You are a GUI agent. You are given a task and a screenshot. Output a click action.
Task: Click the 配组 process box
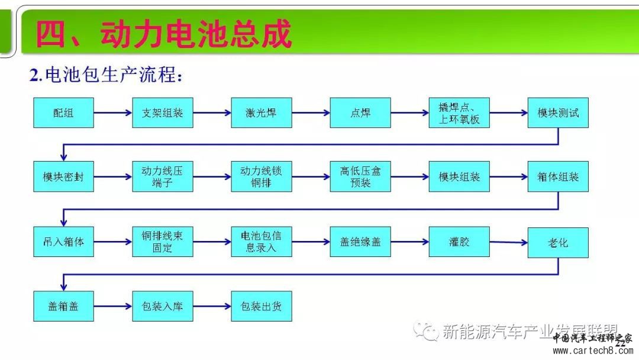pyautogui.click(x=63, y=112)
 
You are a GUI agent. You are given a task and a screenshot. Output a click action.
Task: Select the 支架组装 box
pyautogui.click(x=162, y=112)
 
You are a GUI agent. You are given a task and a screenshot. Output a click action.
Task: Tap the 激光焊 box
pyautogui.click(x=261, y=112)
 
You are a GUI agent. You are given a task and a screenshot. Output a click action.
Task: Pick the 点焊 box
pyautogui.click(x=360, y=112)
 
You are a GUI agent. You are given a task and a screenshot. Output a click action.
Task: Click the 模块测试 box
pyautogui.click(x=558, y=112)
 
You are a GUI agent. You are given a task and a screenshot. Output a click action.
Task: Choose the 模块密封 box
pyautogui.click(x=63, y=176)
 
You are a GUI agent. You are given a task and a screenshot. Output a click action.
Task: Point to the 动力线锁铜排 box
pyautogui.click(x=261, y=176)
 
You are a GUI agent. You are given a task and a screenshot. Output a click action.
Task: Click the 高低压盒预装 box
pyautogui.click(x=360, y=176)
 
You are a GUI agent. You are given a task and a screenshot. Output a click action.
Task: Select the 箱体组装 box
pyautogui.click(x=558, y=176)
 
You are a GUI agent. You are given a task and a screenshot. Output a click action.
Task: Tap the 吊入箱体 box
pyautogui.click(x=63, y=242)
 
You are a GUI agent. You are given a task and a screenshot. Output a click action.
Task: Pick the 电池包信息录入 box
pyautogui.click(x=261, y=242)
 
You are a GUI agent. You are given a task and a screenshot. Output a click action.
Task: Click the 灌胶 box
pyautogui.click(x=459, y=242)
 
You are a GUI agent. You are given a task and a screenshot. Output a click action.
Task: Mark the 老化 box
pyautogui.click(x=558, y=243)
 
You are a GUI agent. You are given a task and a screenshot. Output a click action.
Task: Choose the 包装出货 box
pyautogui.click(x=261, y=306)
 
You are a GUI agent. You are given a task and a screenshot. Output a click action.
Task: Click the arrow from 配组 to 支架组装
pyautogui.click(x=112, y=112)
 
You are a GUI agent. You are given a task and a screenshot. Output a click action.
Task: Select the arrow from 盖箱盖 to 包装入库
pyautogui.click(x=112, y=306)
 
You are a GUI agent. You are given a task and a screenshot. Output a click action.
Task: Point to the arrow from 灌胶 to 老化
pyautogui.click(x=508, y=242)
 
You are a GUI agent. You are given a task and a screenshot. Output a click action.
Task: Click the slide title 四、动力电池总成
pyautogui.click(x=163, y=34)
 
